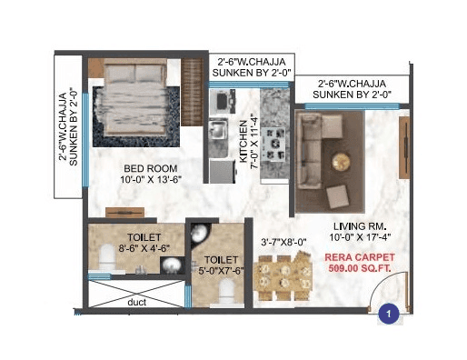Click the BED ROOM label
pyautogui.click(x=151, y=168)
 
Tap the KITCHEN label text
pyautogui.click(x=243, y=142)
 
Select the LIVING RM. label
pyautogui.click(x=350, y=227)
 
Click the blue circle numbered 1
pyautogui.click(x=389, y=314)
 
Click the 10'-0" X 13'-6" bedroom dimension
pyautogui.click(x=151, y=180)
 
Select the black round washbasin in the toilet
pyautogui.click(x=170, y=264)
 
